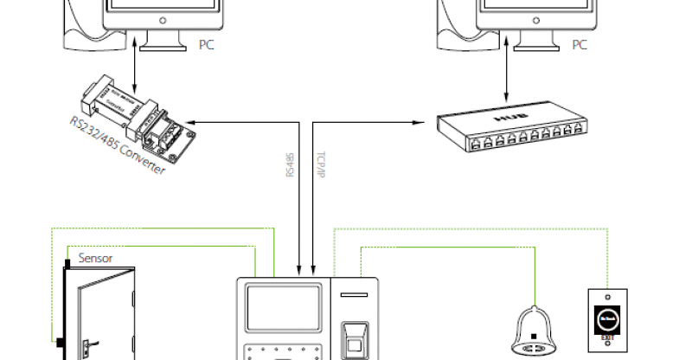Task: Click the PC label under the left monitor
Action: pos(205,44)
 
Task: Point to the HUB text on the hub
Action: pos(504,112)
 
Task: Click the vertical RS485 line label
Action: pos(291,164)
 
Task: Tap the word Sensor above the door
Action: pos(96,258)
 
